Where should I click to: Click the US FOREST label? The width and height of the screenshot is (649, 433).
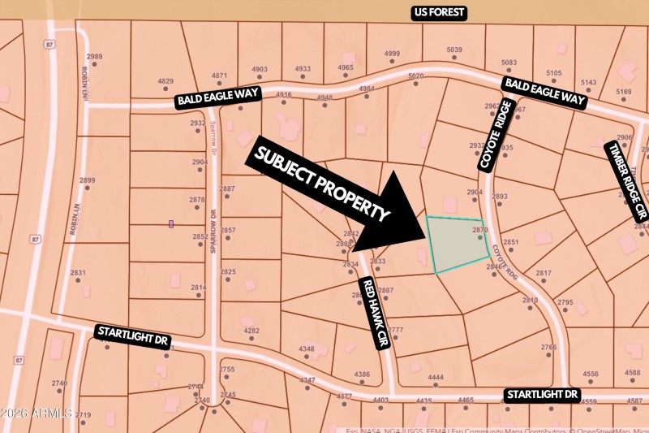point(438,12)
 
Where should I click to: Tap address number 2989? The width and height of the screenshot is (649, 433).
point(95,56)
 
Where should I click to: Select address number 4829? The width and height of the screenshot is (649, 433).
point(165,81)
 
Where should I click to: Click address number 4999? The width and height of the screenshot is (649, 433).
point(392,54)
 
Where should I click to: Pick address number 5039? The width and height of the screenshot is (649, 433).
point(454,50)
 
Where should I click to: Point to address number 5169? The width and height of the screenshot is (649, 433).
point(623,92)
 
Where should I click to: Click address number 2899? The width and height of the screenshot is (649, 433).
point(88,180)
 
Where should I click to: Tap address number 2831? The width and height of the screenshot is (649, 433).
point(78,273)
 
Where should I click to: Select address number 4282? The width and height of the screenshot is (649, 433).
point(251,331)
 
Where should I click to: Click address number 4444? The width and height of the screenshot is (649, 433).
point(436,378)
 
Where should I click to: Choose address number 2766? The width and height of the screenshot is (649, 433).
point(548,348)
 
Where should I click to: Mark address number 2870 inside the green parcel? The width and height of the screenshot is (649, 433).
point(479,231)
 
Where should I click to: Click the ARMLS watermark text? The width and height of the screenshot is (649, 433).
point(37,414)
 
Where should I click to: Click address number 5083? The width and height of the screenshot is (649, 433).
point(509,63)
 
